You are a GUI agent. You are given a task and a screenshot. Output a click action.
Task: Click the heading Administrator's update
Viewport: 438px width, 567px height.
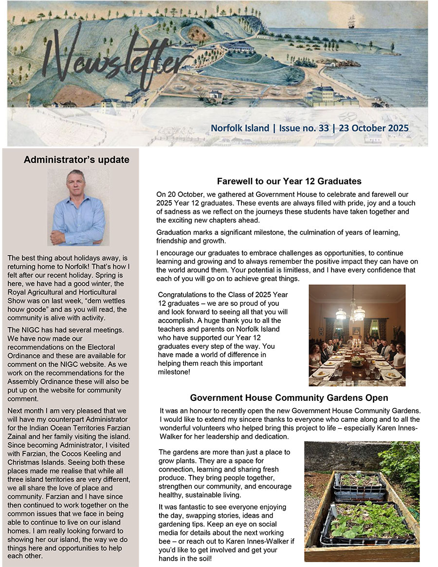coord(76,160)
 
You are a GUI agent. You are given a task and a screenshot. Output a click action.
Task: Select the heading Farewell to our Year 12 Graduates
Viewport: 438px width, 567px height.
coord(289,181)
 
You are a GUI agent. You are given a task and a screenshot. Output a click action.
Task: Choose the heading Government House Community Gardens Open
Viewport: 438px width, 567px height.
coord(289,397)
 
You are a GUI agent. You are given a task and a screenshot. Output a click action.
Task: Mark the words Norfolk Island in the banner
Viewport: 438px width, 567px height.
coord(239,128)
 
